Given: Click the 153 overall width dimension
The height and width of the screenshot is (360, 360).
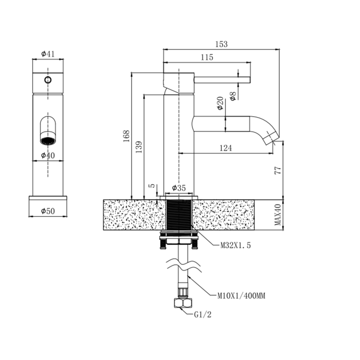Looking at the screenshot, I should [x=221, y=44].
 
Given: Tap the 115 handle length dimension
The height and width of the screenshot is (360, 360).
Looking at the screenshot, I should [x=206, y=57].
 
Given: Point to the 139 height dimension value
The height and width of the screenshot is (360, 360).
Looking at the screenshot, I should [x=139, y=147].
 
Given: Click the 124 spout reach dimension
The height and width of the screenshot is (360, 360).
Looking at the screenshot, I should [x=226, y=148].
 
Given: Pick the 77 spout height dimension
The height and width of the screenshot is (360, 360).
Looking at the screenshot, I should [x=277, y=170].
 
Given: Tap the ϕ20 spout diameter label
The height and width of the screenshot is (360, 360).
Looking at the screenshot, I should [x=220, y=103].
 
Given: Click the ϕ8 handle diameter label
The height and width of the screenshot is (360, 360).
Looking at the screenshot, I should [x=233, y=96].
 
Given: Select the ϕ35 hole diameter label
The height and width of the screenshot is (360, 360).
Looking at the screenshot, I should [x=179, y=188].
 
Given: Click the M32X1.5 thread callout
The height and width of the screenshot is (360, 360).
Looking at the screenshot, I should [x=236, y=245].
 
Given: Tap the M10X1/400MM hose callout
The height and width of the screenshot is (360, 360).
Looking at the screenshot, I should [x=241, y=296].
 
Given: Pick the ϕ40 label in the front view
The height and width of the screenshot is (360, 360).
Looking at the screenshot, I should [x=48, y=155].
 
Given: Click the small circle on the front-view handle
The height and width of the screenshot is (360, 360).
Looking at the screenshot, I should [x=48, y=80].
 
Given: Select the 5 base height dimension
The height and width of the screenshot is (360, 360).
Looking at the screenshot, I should [x=152, y=186].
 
